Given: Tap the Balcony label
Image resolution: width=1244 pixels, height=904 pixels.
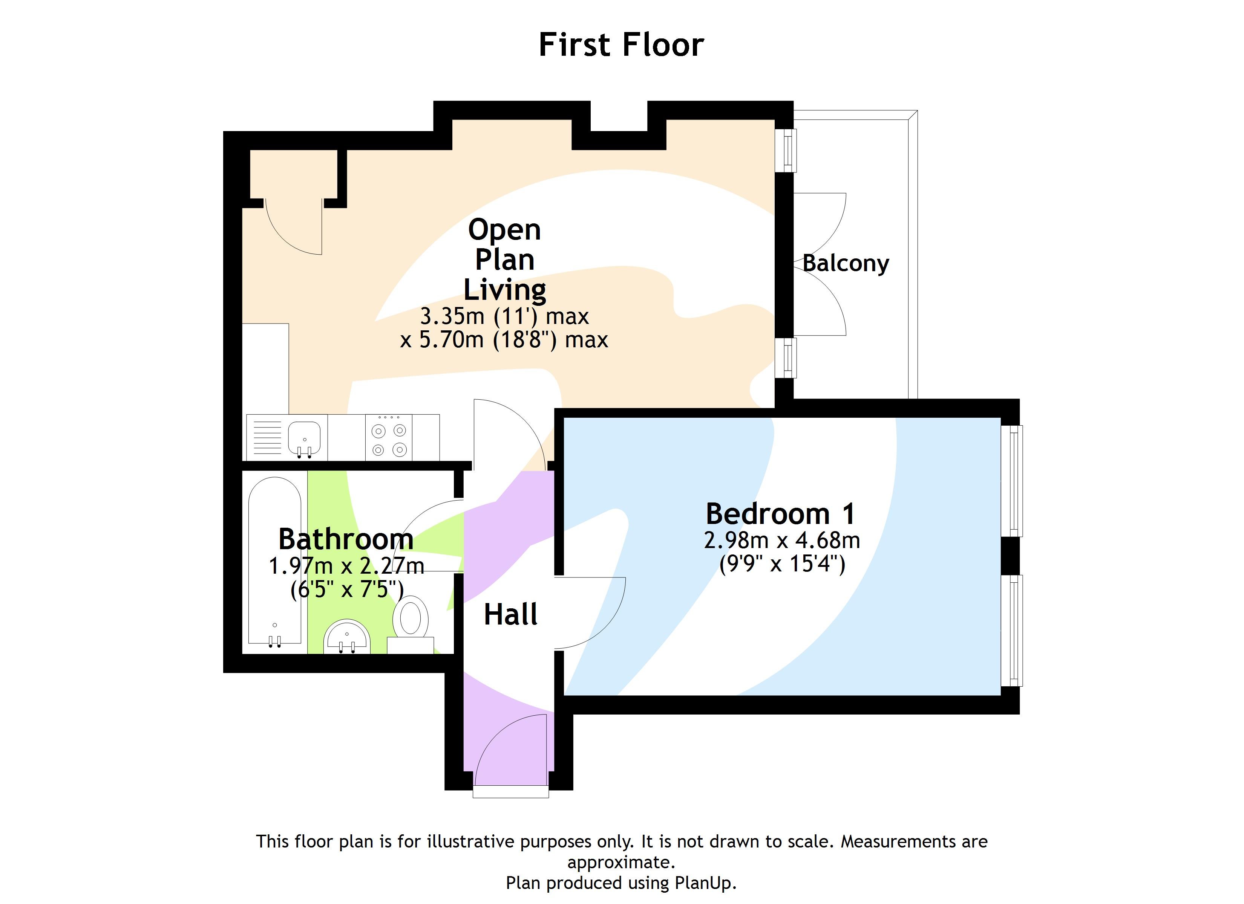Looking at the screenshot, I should pyautogui.click(x=845, y=264).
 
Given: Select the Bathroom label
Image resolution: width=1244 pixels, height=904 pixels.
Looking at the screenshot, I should pyautogui.click(x=346, y=539).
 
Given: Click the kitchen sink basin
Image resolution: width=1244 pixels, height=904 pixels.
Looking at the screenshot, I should pyautogui.click(x=305, y=437).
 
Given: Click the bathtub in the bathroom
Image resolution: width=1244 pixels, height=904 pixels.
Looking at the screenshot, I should pyautogui.click(x=274, y=559).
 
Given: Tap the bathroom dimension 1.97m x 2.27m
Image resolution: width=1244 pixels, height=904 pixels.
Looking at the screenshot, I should pyautogui.click(x=346, y=566).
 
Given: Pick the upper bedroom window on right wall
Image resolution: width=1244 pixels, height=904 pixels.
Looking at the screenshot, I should pyautogui.click(x=1011, y=481).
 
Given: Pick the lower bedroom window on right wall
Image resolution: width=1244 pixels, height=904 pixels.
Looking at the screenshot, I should pyautogui.click(x=1011, y=631).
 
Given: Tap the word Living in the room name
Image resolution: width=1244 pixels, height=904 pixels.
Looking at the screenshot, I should pyautogui.click(x=505, y=290).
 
